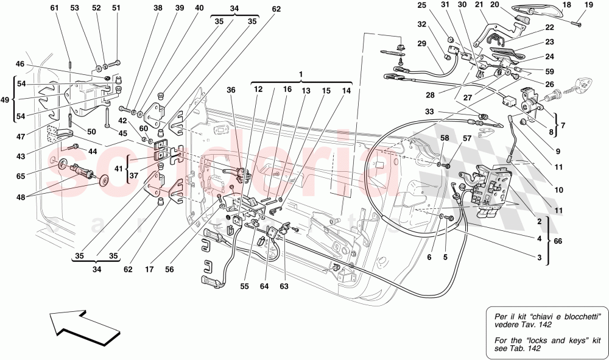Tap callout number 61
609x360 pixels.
(55, 8)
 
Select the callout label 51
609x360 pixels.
(116, 8)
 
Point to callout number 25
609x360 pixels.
(439, 5)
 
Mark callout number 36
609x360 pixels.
(230, 90)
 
